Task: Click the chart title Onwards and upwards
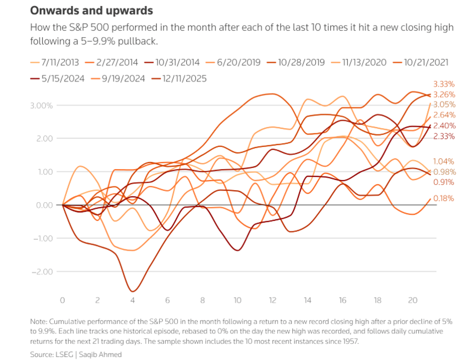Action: [91, 11]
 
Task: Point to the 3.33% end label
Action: [444, 84]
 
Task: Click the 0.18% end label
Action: [444, 199]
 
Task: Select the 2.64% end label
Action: [444, 115]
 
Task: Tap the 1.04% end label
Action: [444, 161]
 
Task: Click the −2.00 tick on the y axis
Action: [43, 272]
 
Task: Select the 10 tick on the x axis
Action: [237, 301]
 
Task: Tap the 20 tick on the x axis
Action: [412, 301]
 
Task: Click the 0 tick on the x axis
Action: [63, 301]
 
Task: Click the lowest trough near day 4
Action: [132, 291]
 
